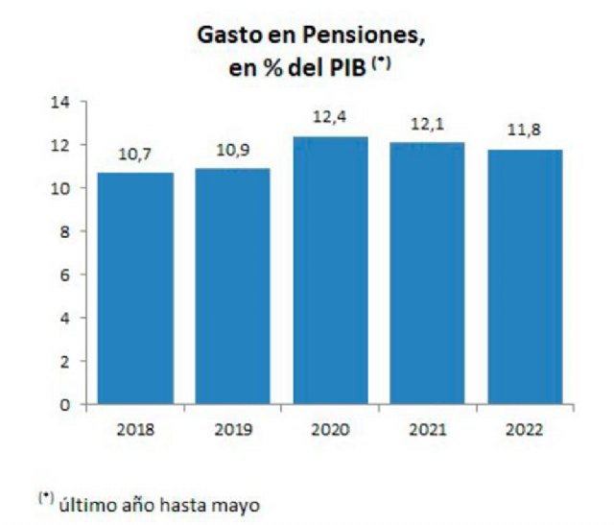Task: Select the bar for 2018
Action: tap(135, 288)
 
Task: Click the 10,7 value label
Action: tap(135, 155)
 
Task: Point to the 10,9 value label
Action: tap(233, 151)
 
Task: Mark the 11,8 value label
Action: tap(524, 131)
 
